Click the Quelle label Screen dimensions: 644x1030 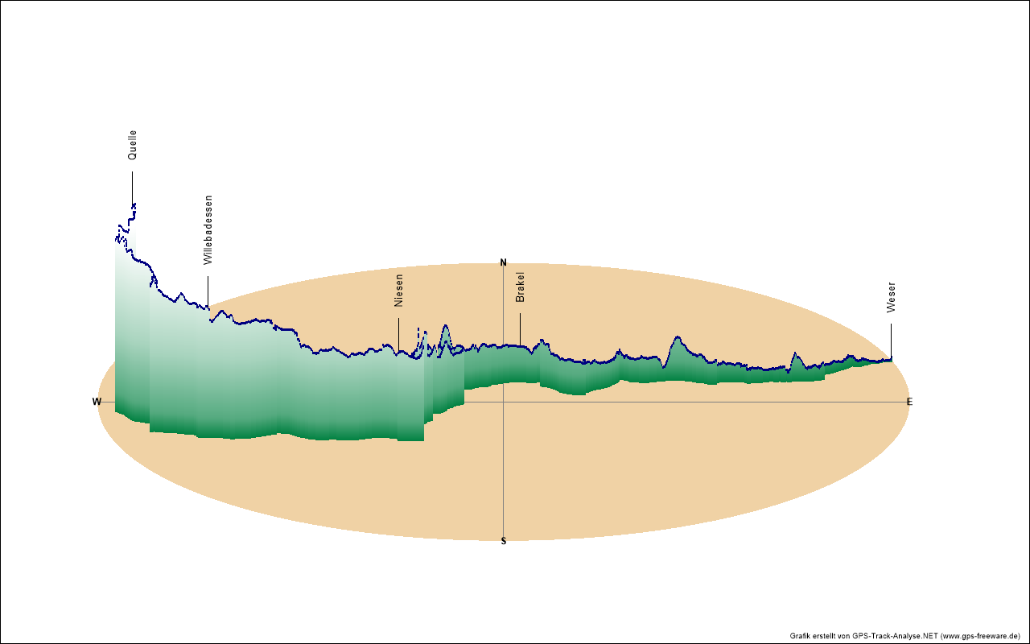click(133, 145)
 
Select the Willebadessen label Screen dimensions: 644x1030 click(208, 230)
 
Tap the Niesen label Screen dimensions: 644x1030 click(399, 291)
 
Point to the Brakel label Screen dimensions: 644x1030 click(520, 287)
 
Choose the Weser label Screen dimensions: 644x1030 click(891, 297)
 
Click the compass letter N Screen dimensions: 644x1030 click(504, 262)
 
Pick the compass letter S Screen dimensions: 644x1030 click(504, 541)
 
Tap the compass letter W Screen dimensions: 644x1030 click(97, 402)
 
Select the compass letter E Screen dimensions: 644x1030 click(910, 402)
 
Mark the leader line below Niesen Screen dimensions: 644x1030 click(399, 334)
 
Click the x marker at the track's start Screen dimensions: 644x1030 click(134, 206)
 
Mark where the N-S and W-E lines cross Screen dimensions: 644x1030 click(504, 402)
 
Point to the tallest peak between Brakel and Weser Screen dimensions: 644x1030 click(678, 337)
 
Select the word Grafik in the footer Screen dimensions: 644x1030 click(801, 636)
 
